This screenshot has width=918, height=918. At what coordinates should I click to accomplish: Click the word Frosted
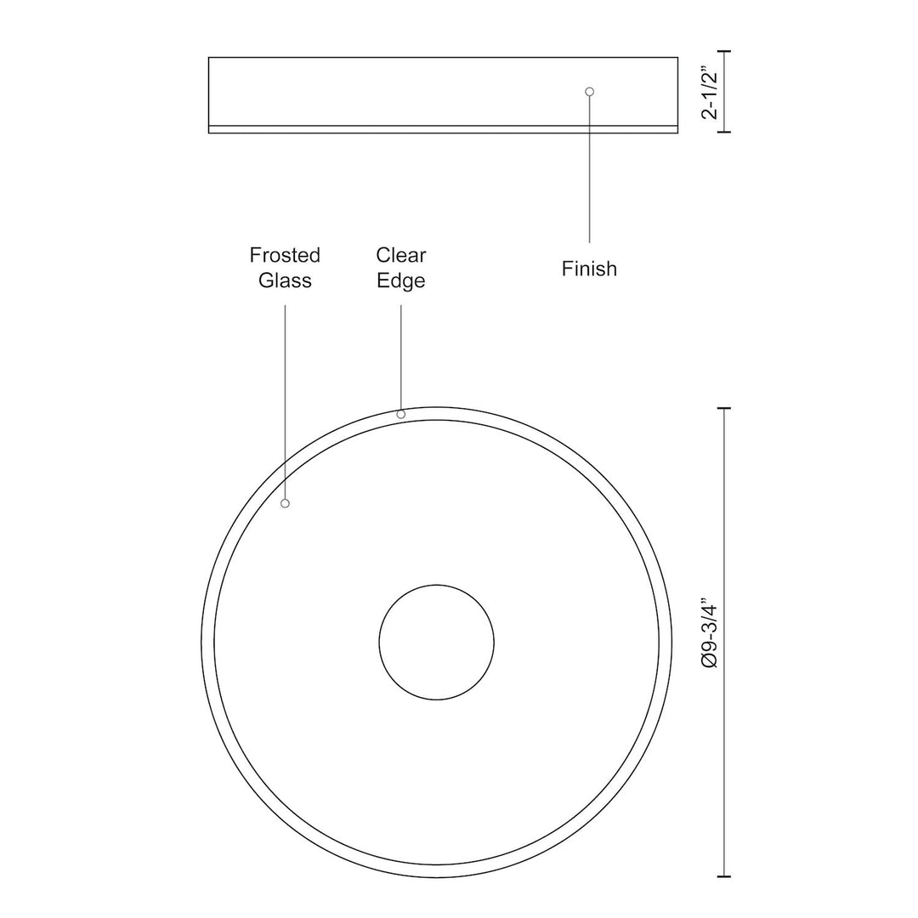[x=285, y=255]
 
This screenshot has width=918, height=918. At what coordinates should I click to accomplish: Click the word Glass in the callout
[x=285, y=280]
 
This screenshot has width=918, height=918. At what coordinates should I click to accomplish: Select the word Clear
[x=401, y=255]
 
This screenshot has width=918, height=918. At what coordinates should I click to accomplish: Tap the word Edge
[x=401, y=280]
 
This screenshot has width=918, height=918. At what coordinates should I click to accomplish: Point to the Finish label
[x=589, y=269]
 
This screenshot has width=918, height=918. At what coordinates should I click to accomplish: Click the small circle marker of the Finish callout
[x=590, y=91]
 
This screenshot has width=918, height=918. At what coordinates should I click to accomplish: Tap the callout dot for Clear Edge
[x=401, y=414]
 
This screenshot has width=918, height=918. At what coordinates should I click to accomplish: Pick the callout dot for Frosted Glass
[x=286, y=503]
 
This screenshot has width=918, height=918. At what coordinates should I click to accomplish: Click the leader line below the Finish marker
[x=590, y=170]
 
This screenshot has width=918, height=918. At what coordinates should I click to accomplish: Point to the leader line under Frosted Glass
[x=285, y=399]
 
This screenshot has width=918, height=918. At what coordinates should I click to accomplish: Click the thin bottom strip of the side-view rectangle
[x=443, y=129]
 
